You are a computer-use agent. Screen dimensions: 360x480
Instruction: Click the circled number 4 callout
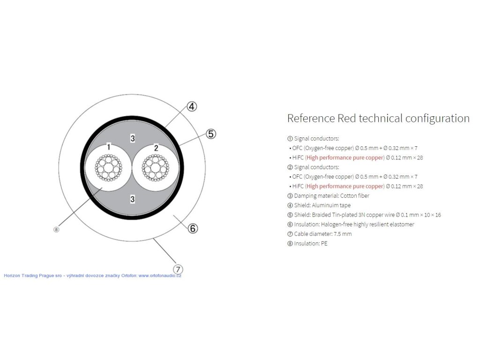(192, 106)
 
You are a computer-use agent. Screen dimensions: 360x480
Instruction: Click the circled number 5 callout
(211, 134)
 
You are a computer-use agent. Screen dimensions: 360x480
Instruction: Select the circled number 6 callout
(193, 229)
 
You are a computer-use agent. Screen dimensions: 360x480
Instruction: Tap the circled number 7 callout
(178, 269)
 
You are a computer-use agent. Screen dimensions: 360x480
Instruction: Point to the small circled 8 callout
(56, 229)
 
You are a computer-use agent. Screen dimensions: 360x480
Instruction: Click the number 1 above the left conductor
(108, 147)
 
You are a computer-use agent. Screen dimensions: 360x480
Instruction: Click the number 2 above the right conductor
(156, 147)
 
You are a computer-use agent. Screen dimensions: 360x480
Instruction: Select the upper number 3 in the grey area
(133, 138)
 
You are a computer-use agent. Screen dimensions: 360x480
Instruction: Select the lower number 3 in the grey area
(133, 200)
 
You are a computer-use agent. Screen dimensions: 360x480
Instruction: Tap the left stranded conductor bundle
(108, 168)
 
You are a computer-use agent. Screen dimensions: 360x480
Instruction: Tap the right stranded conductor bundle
(156, 168)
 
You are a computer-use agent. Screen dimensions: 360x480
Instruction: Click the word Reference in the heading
(311, 118)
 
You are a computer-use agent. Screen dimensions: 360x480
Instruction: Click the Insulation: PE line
(307, 243)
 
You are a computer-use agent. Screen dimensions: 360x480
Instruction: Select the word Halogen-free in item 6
(337, 224)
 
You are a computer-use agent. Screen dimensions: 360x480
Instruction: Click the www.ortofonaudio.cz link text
(160, 276)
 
